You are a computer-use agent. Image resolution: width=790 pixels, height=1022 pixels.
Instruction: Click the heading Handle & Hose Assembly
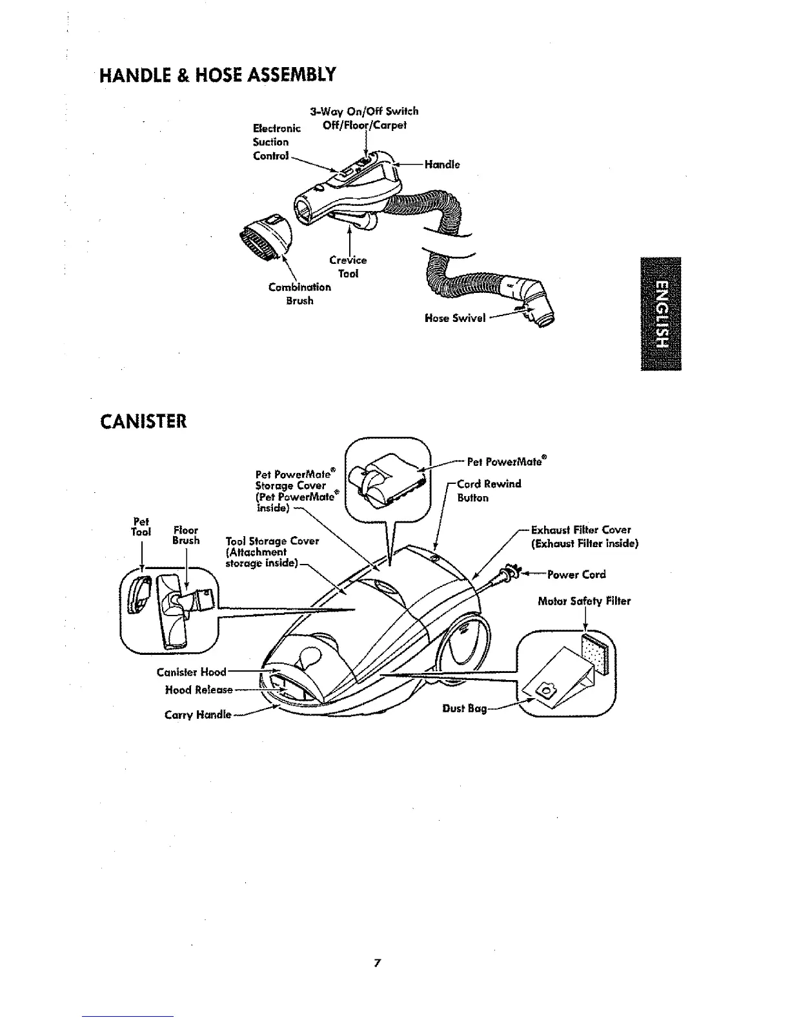(x=219, y=75)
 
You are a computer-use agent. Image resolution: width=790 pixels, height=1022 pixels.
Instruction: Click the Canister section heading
(x=143, y=421)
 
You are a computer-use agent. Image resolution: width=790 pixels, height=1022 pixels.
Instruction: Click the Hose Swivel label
(x=454, y=317)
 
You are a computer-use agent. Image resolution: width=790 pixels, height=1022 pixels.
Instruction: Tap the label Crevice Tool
(x=348, y=266)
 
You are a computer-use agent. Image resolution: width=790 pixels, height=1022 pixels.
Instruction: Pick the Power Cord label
(x=576, y=574)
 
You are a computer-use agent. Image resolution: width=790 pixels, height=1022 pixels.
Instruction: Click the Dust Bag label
(x=464, y=708)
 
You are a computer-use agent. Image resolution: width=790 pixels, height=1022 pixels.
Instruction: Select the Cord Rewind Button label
(x=488, y=490)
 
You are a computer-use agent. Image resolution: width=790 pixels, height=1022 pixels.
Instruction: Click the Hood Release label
(x=198, y=690)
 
